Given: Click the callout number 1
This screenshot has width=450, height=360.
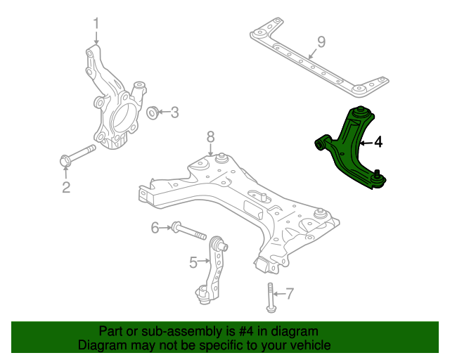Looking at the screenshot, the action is [x=96, y=23].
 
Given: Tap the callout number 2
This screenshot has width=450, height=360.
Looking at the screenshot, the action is [x=66, y=187].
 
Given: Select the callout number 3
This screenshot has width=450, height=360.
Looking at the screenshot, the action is [x=174, y=112].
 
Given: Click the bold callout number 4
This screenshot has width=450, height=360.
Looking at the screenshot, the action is [x=378, y=142].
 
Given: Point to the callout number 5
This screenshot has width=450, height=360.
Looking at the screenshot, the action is [x=193, y=262].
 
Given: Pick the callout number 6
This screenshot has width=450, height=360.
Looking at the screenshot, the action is [x=155, y=228].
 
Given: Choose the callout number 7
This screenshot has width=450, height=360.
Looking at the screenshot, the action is [x=290, y=293].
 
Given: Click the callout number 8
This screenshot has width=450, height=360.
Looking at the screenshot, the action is [x=211, y=137].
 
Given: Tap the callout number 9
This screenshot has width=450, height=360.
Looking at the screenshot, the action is [x=321, y=42].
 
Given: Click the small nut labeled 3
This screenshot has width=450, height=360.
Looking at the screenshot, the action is [x=153, y=112].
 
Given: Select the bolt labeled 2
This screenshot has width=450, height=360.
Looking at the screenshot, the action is [x=77, y=155].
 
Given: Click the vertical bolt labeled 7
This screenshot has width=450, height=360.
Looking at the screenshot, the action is [x=270, y=297].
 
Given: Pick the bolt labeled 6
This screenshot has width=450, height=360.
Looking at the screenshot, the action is [x=188, y=231].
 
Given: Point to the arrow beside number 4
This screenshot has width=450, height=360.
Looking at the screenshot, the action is [x=366, y=143].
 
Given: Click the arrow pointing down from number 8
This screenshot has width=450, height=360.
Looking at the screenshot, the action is [x=211, y=150].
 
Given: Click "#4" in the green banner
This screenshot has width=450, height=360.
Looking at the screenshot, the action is [x=246, y=332].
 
